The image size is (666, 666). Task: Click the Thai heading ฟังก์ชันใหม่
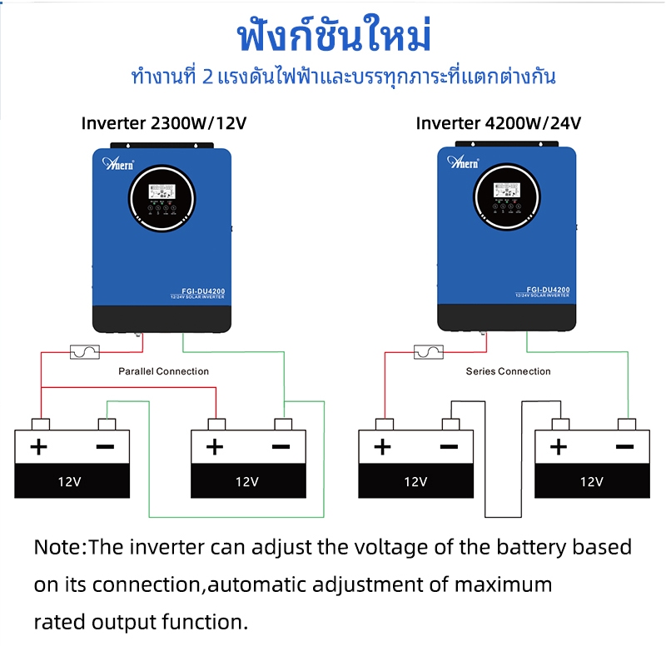pos(334,38)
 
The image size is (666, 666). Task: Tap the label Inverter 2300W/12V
pos(164,123)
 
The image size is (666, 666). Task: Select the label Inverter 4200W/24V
pos(499,123)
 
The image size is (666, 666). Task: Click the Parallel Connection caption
pos(164,371)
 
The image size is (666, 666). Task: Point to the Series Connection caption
pos(508,371)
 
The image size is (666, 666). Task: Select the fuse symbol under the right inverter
pos(428,353)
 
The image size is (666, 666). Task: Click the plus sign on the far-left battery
pos(38,447)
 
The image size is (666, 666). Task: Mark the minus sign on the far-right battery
pos(624,447)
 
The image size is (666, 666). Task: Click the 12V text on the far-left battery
pos(70,481)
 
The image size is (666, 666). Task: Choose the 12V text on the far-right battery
pos(591,481)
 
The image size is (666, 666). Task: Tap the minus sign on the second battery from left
pos(281,447)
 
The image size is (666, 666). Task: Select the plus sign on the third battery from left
pos(382,447)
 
